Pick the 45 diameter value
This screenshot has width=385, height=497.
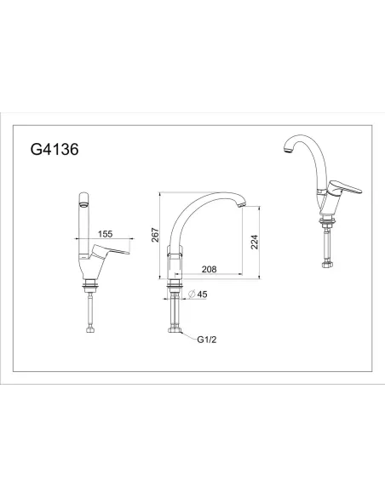click(x=204, y=294)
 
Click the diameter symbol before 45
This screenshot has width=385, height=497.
click(x=192, y=294)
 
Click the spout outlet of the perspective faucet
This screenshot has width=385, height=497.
click(x=286, y=150)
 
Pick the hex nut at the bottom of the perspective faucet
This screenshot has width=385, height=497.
click(x=328, y=264)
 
